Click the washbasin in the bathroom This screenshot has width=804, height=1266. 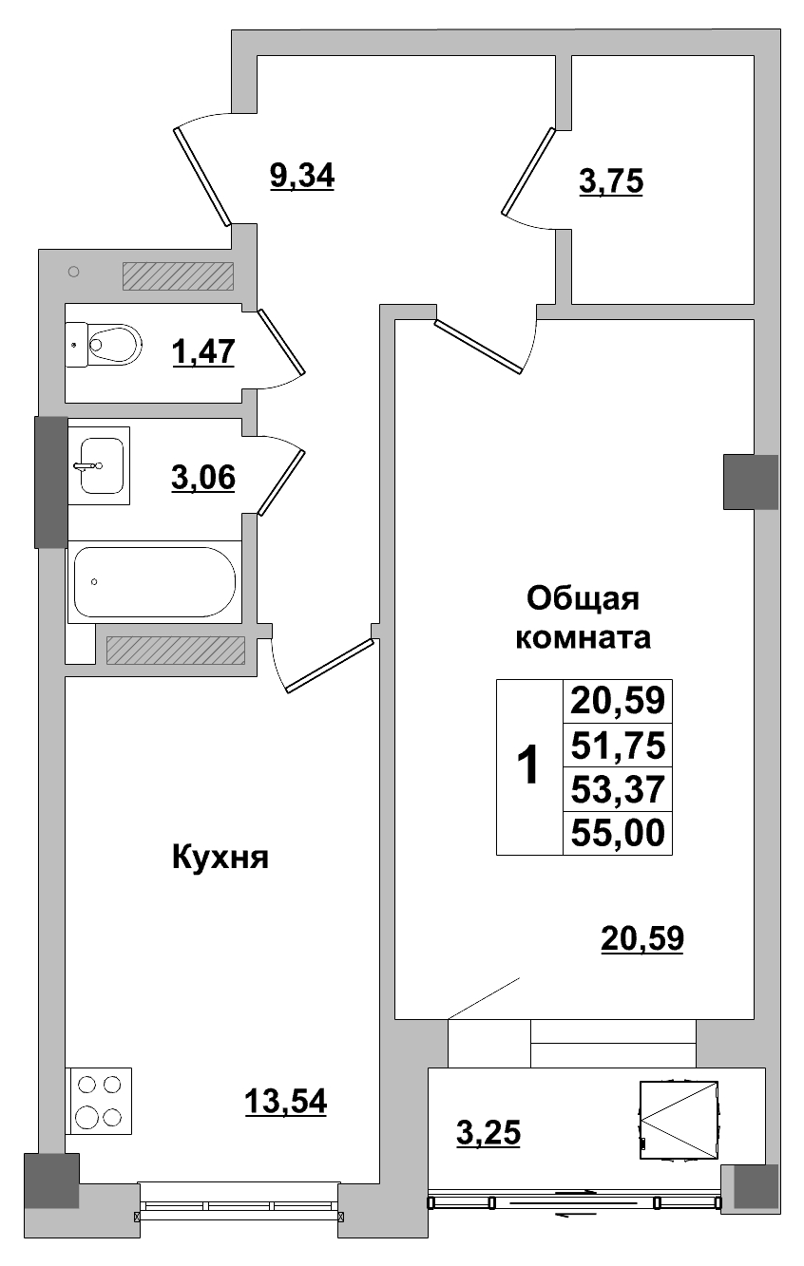click(x=100, y=465)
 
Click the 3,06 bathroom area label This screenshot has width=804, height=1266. click(x=203, y=479)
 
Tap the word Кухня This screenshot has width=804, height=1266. click(x=220, y=859)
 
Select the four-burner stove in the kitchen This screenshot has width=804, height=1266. click(x=100, y=1100)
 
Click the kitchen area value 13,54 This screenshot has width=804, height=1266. click(x=285, y=1102)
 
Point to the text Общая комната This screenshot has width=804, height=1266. click(x=583, y=618)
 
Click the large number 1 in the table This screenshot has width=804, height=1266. click(x=527, y=766)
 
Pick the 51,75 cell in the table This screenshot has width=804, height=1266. click(x=618, y=746)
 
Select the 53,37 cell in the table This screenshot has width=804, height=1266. click(x=618, y=789)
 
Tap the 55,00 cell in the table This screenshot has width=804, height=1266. click(x=618, y=833)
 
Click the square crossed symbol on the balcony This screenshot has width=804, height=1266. click(x=679, y=1121)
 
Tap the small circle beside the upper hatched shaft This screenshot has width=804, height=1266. click(x=74, y=273)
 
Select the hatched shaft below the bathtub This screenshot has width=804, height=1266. click(x=175, y=650)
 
